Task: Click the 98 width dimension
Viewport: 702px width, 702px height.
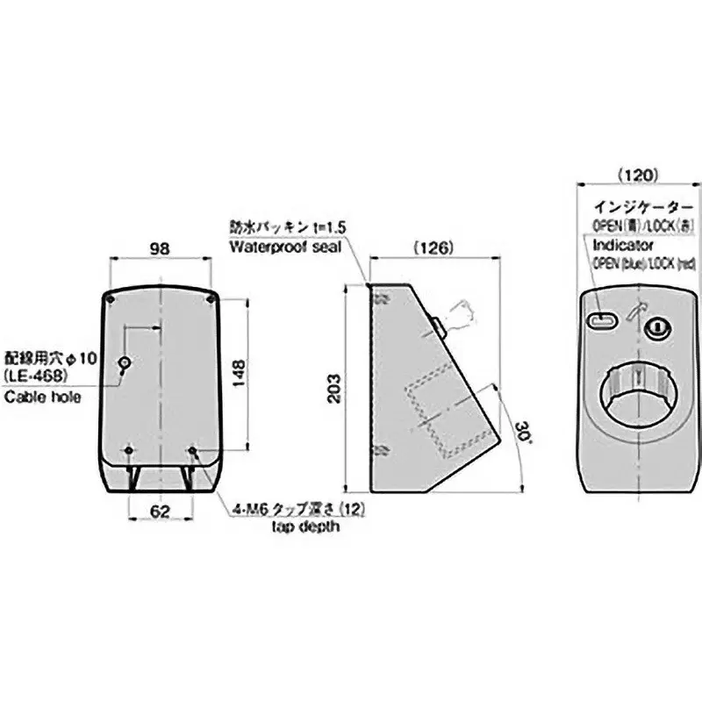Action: (159, 249)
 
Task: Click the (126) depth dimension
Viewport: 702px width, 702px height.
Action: (434, 248)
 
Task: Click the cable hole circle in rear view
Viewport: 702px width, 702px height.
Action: (125, 362)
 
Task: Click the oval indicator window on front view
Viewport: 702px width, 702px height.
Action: (602, 322)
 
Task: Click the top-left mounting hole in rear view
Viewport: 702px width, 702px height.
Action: (107, 298)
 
